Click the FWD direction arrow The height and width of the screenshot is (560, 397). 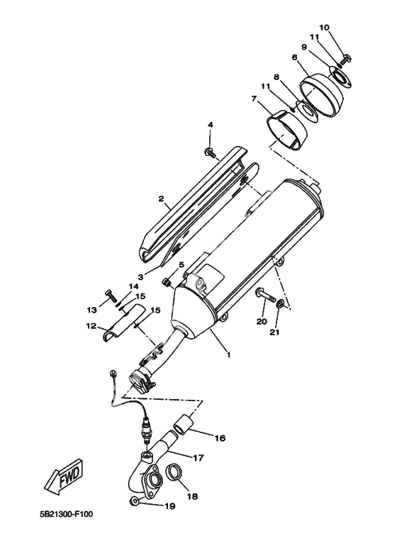(x=64, y=476)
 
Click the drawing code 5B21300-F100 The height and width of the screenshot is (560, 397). (x=66, y=515)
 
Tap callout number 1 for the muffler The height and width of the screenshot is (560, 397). (x=228, y=355)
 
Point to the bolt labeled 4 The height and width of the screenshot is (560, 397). (x=211, y=154)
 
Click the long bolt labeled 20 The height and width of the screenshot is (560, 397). (x=265, y=296)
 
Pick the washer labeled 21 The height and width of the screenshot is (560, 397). (x=281, y=303)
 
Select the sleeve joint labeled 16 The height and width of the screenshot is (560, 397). (x=184, y=421)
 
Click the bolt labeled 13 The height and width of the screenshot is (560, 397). (x=111, y=296)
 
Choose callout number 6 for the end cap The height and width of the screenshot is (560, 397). (x=295, y=57)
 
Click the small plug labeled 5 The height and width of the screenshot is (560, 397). (x=166, y=283)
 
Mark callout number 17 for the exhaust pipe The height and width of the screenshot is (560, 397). (x=198, y=457)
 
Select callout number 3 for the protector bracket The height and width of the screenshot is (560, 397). (x=141, y=276)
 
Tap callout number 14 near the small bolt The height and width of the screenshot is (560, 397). (x=133, y=286)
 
